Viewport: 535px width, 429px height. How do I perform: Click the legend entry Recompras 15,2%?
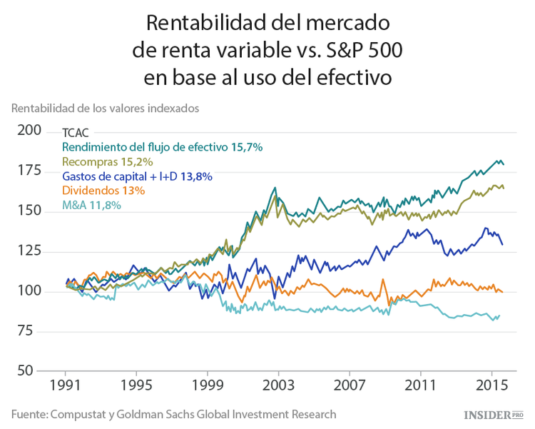(108, 161)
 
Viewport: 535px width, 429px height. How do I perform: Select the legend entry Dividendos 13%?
(104, 191)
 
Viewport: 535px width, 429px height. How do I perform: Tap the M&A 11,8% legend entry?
(91, 206)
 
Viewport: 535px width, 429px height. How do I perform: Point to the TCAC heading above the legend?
(76, 133)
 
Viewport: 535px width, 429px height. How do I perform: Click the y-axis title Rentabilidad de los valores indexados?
(104, 108)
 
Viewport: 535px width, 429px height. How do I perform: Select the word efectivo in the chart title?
(346, 77)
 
